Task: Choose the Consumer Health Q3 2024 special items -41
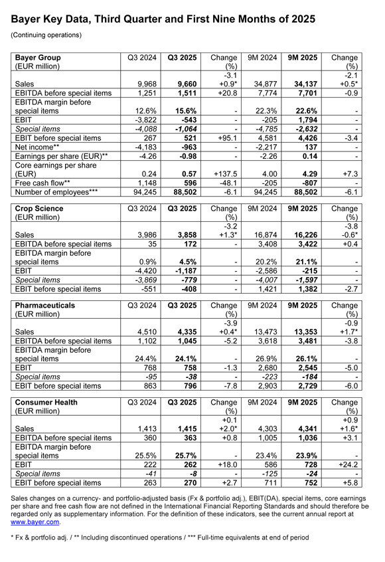(149, 475)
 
